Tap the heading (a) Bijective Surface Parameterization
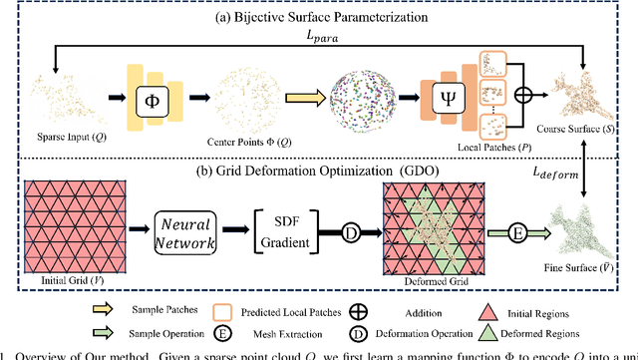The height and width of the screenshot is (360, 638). (318, 13)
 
